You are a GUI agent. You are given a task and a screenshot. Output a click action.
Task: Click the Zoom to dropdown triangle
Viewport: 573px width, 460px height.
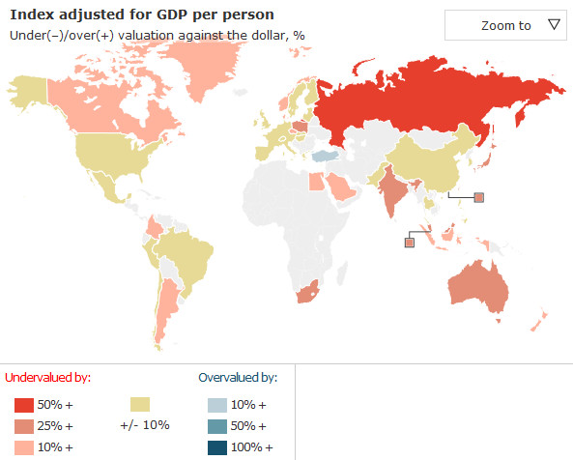tap(554, 24)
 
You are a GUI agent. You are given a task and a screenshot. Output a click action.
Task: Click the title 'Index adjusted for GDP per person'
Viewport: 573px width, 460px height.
tap(142, 15)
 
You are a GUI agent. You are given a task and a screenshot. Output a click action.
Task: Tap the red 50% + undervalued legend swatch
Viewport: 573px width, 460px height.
tap(24, 405)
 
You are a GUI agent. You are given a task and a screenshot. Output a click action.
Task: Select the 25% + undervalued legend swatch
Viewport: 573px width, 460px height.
tap(24, 426)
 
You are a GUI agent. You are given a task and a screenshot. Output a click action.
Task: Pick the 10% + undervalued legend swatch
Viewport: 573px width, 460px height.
tap(24, 447)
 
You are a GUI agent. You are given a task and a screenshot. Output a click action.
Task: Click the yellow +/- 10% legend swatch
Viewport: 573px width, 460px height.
tap(140, 405)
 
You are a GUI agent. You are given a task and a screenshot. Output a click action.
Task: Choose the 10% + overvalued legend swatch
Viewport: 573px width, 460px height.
tap(217, 405)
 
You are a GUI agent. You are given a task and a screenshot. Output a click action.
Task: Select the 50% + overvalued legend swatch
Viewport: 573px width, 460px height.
tap(217, 426)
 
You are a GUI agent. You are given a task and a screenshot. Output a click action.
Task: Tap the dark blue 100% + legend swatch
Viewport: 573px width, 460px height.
tap(217, 448)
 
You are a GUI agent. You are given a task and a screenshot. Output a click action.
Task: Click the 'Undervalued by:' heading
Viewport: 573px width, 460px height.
tap(48, 378)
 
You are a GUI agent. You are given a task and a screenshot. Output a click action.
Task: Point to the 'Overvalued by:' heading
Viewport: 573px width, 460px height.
tap(238, 378)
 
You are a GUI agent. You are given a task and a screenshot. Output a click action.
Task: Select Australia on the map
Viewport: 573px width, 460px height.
tap(477, 287)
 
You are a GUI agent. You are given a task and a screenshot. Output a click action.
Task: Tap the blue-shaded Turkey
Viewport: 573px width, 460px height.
tap(326, 156)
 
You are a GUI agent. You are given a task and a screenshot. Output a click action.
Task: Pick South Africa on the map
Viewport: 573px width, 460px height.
tap(308, 292)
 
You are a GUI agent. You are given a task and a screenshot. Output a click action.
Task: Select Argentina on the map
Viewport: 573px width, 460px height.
tap(166, 307)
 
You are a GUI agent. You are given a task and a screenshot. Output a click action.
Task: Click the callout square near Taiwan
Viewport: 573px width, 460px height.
tap(479, 198)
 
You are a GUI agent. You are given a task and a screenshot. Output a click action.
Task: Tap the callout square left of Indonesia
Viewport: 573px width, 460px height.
tap(410, 243)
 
